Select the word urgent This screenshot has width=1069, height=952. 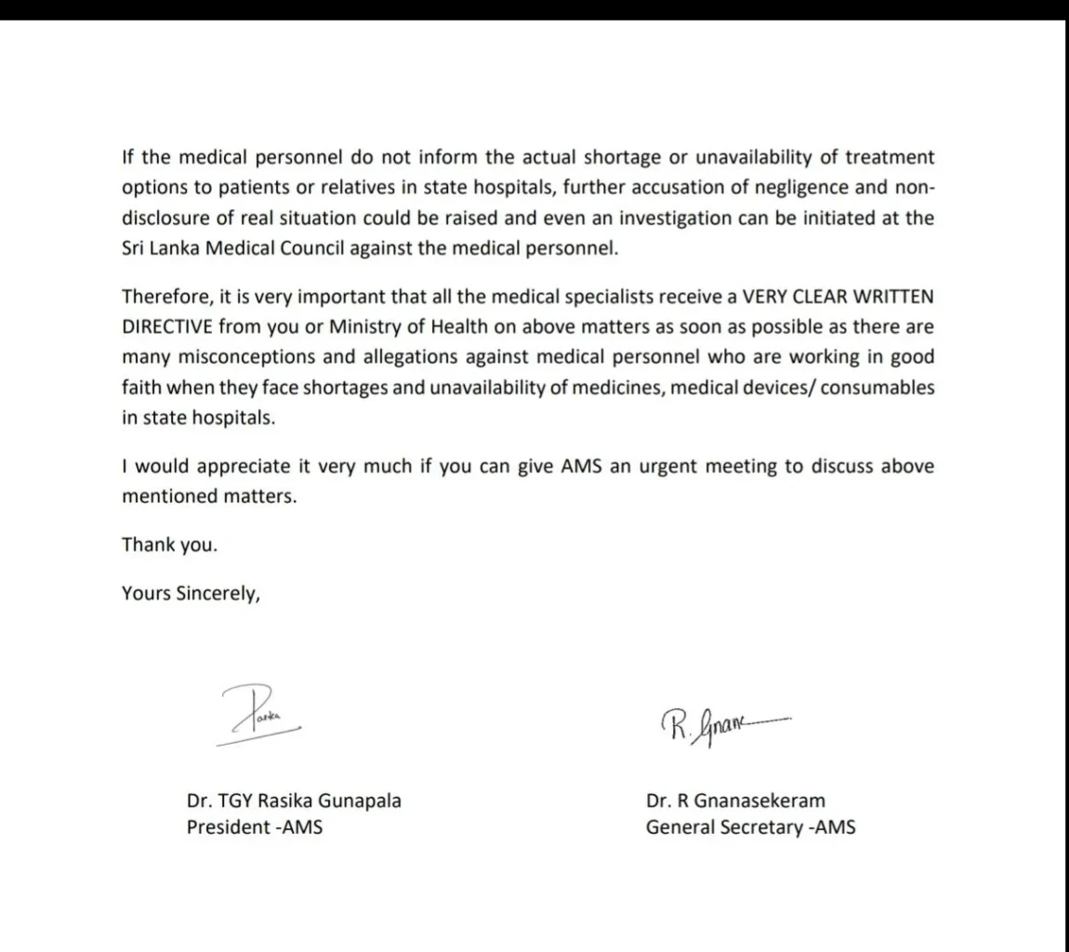pyautogui.click(x=668, y=467)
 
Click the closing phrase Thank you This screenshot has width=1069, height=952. pyautogui.click(x=169, y=545)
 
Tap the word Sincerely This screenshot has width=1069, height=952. pyautogui.click(x=218, y=594)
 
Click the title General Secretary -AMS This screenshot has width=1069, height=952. pyautogui.click(x=750, y=827)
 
